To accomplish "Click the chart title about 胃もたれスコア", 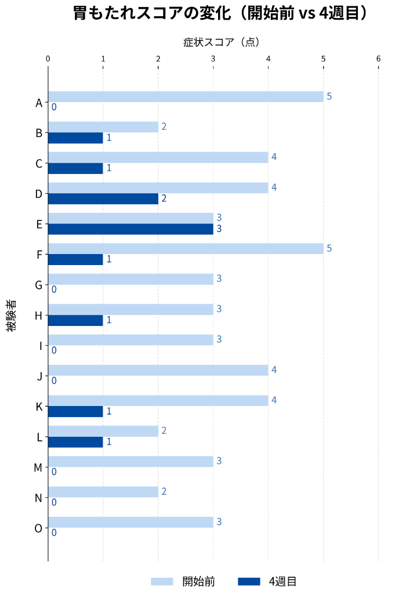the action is click(220, 13).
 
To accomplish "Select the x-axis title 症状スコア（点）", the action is click(221, 42).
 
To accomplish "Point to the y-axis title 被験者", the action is click(12, 316).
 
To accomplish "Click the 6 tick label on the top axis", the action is click(379, 59).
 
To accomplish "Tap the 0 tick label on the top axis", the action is click(48, 59).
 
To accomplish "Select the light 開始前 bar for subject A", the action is click(186, 97).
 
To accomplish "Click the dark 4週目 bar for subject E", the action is click(130, 229).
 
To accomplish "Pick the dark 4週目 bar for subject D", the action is click(103, 199).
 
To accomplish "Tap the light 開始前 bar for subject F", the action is click(186, 249).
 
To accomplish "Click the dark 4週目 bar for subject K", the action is click(75, 411).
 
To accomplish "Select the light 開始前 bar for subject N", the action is click(103, 492).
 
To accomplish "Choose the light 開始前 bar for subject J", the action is click(158, 370).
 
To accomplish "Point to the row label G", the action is click(38, 285).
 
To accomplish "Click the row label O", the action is click(38, 528).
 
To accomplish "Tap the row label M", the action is click(38, 467).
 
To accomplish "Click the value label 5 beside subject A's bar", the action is click(329, 96).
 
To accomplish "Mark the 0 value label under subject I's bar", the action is click(54, 350).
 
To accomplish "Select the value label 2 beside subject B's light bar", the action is click(164, 126).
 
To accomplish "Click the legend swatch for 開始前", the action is click(162, 582).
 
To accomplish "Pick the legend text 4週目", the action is click(282, 582).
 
